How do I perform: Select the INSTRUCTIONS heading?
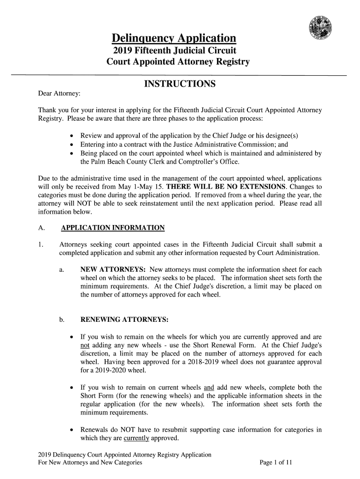[179, 84]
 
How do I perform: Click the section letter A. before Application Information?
[41, 228]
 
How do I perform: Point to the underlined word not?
[86, 345]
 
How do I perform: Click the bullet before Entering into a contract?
[71, 145]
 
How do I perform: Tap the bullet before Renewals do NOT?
[71, 429]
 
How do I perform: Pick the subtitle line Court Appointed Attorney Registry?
[178, 62]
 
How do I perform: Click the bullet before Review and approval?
[71, 136]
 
